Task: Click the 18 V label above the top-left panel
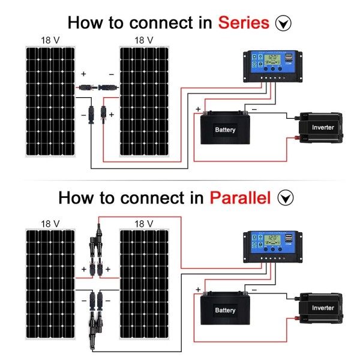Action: click(50, 40)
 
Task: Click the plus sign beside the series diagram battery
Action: click(198, 109)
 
